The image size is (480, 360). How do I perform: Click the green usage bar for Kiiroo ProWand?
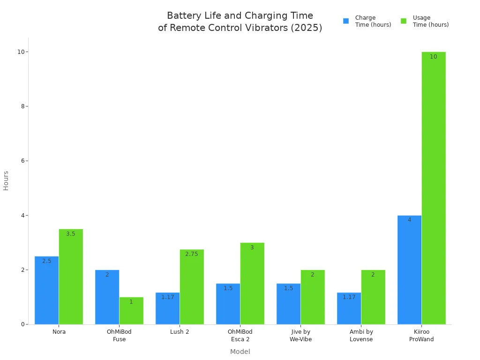point(434,187)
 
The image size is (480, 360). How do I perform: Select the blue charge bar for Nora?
point(46,290)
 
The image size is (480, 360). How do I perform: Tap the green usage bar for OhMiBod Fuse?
point(131,310)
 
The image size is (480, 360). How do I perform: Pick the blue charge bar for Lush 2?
point(167,308)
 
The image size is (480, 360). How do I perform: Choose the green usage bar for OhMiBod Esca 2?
point(252,283)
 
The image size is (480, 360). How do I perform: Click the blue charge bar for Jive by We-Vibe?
point(288,304)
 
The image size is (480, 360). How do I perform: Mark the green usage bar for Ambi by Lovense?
point(373,297)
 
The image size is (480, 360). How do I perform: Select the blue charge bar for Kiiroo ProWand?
point(409,270)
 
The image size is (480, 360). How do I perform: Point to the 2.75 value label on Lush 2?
point(192,254)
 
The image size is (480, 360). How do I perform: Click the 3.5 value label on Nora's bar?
point(71,234)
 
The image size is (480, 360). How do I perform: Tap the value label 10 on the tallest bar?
point(434,57)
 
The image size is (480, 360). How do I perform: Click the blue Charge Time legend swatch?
point(346,21)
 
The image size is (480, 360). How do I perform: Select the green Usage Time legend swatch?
point(404,21)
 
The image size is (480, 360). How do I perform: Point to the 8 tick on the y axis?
point(22,106)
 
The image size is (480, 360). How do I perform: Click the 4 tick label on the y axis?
point(22,216)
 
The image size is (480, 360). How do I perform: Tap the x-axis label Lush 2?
point(180,332)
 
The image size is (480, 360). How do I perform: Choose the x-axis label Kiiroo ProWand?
point(421,336)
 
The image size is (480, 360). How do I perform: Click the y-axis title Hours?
point(6,180)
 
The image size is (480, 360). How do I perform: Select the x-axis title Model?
point(240,352)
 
